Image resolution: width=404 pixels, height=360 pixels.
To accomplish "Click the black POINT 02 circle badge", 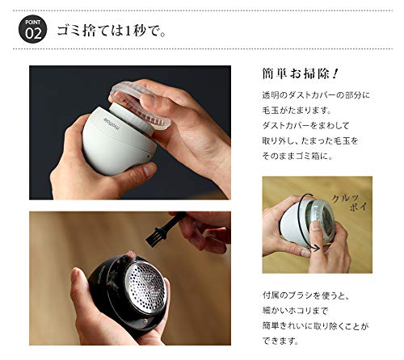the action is click(32, 29).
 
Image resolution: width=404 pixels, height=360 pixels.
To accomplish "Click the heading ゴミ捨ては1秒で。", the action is click(112, 30).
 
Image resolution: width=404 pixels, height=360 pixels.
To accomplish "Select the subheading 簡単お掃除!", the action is click(300, 73).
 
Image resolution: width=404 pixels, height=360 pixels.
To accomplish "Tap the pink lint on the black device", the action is click(131, 255).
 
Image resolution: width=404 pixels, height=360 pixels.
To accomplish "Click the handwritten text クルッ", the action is click(345, 198).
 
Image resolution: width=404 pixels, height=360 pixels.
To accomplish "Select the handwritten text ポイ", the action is click(358, 207).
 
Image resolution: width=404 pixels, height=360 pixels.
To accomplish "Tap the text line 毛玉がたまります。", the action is click(297, 111).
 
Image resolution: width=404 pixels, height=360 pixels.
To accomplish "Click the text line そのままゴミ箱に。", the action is click(297, 156).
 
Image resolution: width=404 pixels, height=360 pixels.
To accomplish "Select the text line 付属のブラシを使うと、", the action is click(306, 295).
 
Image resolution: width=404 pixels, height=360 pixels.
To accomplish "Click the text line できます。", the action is click(280, 341).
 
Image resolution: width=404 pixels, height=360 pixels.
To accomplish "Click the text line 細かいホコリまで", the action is click(295, 311).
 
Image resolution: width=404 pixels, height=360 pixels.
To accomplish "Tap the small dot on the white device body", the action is click(148, 156).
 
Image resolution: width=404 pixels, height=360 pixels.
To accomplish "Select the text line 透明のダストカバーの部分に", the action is click(316, 95).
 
